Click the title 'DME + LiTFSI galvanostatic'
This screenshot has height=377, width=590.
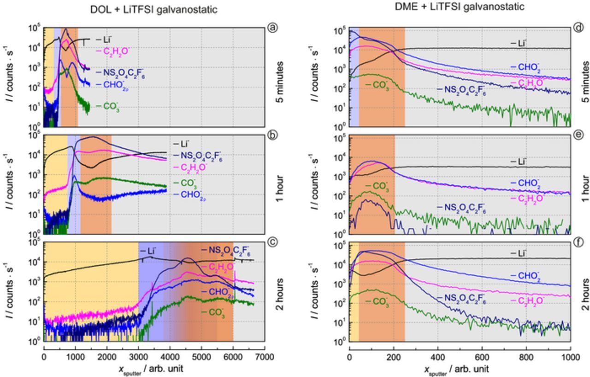coord(460,6)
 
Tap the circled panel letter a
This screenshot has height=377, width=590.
coord(272,28)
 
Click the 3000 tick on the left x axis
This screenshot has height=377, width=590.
coord(138,356)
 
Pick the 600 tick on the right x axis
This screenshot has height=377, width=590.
coord(482,357)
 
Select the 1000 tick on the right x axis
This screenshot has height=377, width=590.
coord(570,357)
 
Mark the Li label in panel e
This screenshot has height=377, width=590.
coord(520,162)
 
